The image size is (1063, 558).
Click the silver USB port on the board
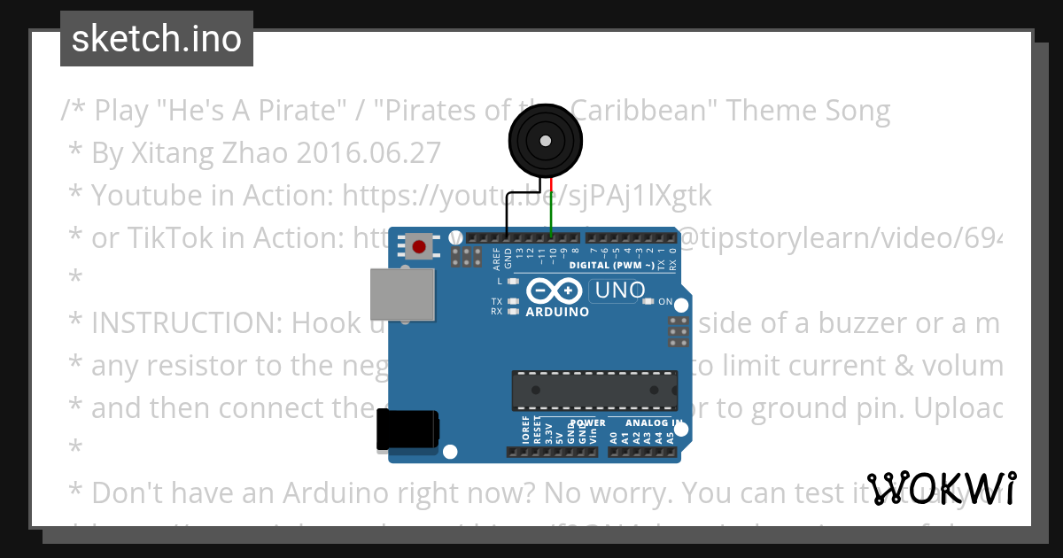pos(402,295)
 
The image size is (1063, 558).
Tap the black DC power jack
pos(407,430)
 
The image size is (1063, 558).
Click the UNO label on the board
pos(619,291)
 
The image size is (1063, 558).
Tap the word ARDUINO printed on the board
pos(557,312)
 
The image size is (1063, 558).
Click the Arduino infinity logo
pos(554,291)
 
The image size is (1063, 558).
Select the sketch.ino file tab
pos(157,39)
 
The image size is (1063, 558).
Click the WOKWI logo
pos(942,488)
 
